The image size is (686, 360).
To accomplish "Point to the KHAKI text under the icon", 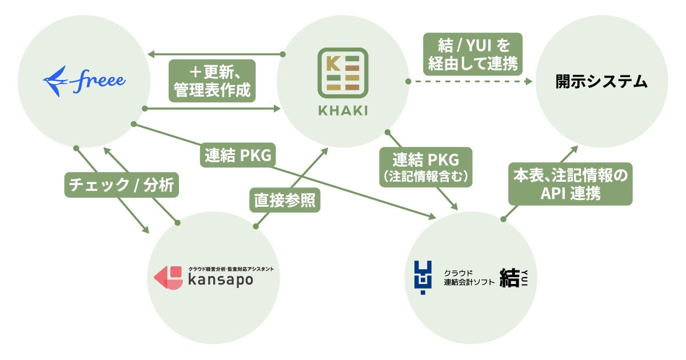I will tap(342, 109).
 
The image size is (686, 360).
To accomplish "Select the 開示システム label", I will tap(601, 82).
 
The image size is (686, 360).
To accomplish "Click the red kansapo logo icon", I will tap(167, 277).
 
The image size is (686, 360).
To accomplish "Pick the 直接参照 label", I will tap(284, 201).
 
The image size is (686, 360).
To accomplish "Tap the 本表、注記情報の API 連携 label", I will tap(570, 184).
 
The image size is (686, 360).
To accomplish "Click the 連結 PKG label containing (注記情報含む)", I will tap(426, 167).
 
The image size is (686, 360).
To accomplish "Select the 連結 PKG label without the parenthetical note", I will tap(237, 155).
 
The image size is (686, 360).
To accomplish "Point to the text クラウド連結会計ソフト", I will tap(469, 278).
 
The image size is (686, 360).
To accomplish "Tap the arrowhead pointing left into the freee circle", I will tap(150, 55).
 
